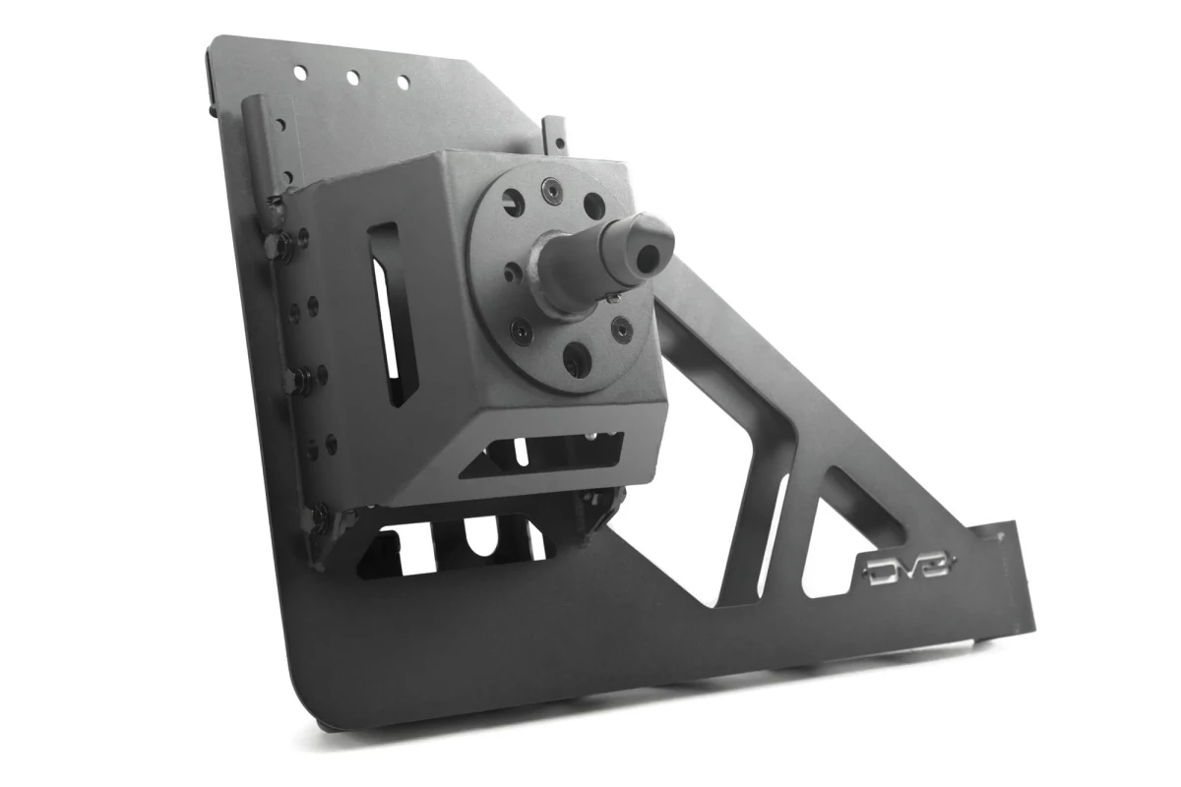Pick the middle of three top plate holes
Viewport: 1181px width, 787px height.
[351, 77]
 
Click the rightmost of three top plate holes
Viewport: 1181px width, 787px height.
[402, 84]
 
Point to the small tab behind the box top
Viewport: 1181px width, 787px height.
[557, 135]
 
